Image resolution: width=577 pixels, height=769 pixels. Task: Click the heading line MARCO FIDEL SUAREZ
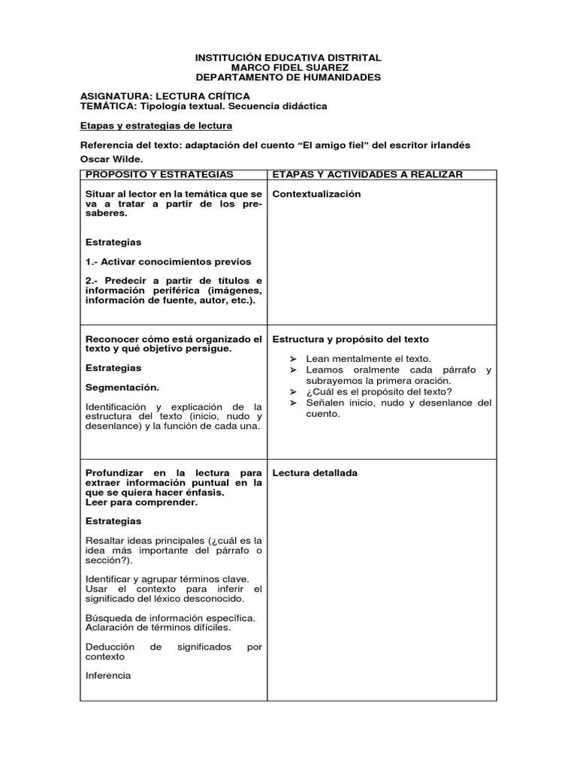(288, 68)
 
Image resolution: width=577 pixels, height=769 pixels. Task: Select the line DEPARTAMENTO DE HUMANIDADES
(288, 77)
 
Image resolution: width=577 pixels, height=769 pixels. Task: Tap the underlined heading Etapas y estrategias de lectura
(156, 125)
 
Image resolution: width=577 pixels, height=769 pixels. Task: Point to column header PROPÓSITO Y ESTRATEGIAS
(160, 174)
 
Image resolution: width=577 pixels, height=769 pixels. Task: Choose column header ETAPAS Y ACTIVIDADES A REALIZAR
(367, 174)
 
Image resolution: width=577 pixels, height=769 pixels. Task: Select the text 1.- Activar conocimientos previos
(168, 261)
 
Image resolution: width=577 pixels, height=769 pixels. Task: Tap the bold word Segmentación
(122, 388)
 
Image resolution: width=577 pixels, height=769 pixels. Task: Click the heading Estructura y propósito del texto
(350, 339)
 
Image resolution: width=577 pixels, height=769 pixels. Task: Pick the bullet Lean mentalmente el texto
(368, 359)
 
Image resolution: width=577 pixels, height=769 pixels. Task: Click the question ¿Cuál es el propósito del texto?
(379, 391)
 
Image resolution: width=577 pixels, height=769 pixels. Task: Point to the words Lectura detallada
(315, 473)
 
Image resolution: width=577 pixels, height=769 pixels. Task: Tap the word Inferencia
(108, 675)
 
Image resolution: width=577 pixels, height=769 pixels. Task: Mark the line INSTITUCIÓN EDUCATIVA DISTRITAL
(288, 58)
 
